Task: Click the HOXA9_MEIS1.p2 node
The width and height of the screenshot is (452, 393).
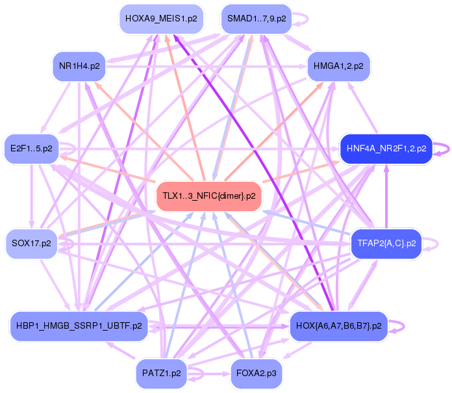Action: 161,19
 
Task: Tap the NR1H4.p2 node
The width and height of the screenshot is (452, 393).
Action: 79,66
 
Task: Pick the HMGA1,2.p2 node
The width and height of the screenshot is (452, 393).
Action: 338,66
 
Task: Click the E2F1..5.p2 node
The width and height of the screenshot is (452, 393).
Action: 31,149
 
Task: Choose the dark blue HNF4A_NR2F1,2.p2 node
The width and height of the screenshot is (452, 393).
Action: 386,149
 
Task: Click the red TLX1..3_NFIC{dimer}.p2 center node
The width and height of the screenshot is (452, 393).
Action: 208,196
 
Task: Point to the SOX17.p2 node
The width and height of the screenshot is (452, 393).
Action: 31,244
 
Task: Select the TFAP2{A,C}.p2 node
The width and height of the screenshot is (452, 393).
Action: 386,244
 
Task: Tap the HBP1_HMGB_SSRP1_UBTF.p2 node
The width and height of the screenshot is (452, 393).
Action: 79,325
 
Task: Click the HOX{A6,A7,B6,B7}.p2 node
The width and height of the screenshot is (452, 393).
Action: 338,325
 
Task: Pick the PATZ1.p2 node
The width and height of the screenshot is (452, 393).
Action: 161,374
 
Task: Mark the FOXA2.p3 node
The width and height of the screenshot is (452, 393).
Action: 256,374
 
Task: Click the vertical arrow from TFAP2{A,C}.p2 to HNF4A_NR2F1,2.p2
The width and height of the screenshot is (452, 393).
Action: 386,195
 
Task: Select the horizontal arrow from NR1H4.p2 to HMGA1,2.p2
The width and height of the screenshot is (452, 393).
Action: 208,66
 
